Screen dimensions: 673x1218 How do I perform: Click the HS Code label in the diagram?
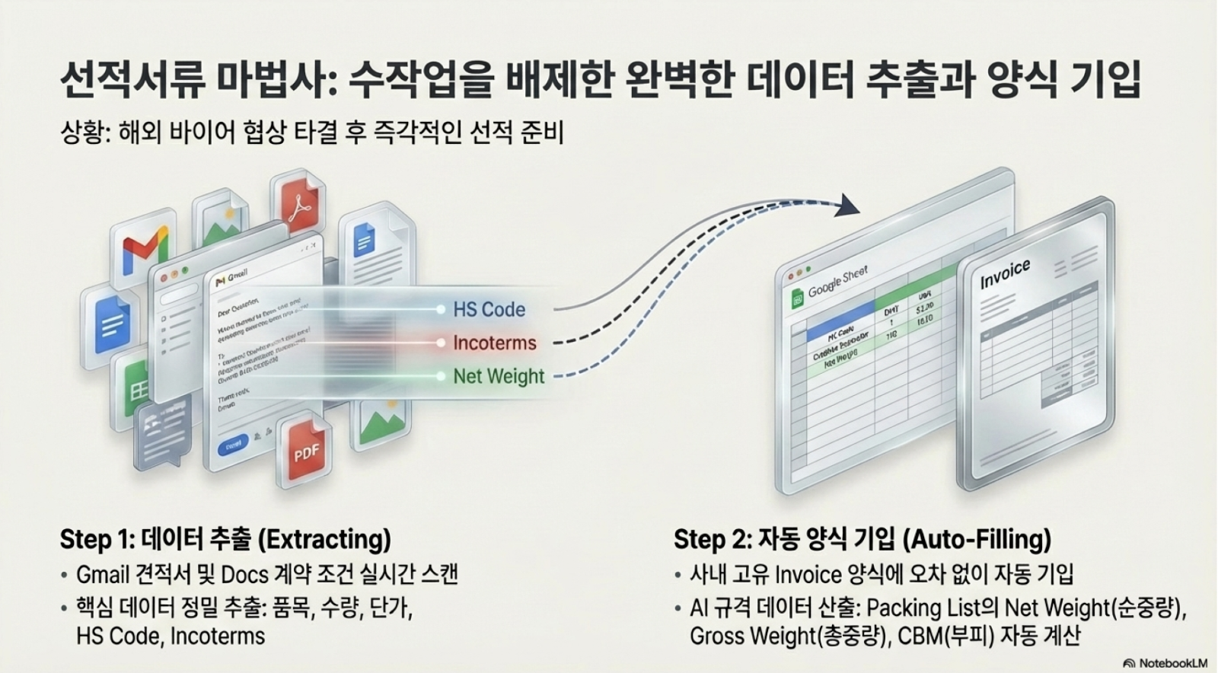pos(489,310)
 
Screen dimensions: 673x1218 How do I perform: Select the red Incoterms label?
pos(495,343)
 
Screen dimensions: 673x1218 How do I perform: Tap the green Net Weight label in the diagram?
pos(499,376)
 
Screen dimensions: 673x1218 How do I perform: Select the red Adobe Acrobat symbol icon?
pos(298,202)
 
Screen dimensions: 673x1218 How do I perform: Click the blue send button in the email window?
pos(233,444)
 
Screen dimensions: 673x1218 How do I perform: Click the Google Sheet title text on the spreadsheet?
pos(837,281)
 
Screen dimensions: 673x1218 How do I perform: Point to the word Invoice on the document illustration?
pos(1005,274)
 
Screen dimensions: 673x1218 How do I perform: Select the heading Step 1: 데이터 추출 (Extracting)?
pos(225,539)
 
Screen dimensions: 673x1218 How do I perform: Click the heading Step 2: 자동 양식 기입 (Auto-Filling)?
pos(862,539)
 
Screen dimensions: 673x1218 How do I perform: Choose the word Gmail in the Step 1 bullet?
pos(103,574)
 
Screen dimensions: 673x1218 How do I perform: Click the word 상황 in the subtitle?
pos(78,133)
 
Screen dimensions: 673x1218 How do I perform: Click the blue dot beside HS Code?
pos(440,310)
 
